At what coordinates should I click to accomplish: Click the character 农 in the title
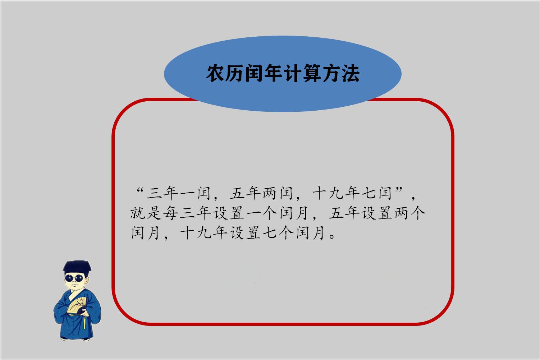tap(216, 74)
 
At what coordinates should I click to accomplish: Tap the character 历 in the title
tap(235, 74)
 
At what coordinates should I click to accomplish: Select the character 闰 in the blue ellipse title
tap(254, 74)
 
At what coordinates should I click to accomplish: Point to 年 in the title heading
tap(274, 74)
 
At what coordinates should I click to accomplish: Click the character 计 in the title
tap(293, 74)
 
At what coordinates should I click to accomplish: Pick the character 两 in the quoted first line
tap(270, 193)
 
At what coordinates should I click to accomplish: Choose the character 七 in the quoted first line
tap(368, 193)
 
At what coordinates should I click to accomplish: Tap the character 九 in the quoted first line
tap(335, 193)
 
